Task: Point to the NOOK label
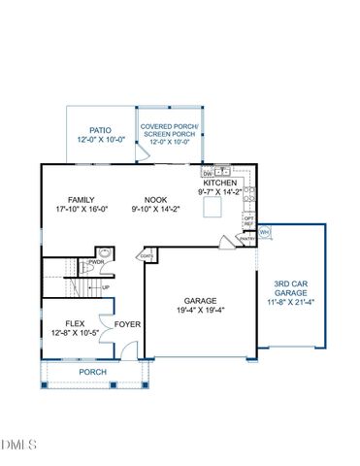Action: [x=156, y=200]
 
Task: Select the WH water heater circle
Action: [x=264, y=232]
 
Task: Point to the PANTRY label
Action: [x=247, y=238]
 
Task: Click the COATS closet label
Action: [x=147, y=257]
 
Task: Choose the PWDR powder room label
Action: [x=96, y=262]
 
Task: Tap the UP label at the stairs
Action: [x=105, y=287]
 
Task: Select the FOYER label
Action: [x=127, y=324]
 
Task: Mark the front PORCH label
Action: [x=93, y=372]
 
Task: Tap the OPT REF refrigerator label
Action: [x=247, y=219]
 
